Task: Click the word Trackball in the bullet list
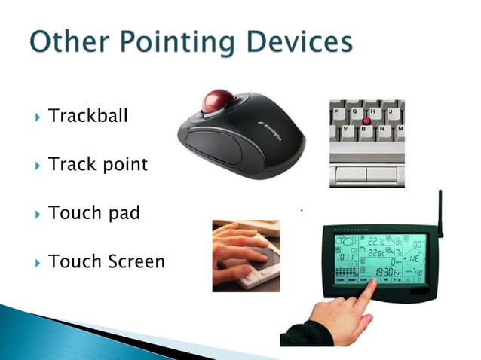coord(87,116)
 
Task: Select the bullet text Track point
coord(97,164)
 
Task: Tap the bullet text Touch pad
coord(93,213)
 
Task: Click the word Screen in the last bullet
coord(135,261)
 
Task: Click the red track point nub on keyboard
coord(366,121)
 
